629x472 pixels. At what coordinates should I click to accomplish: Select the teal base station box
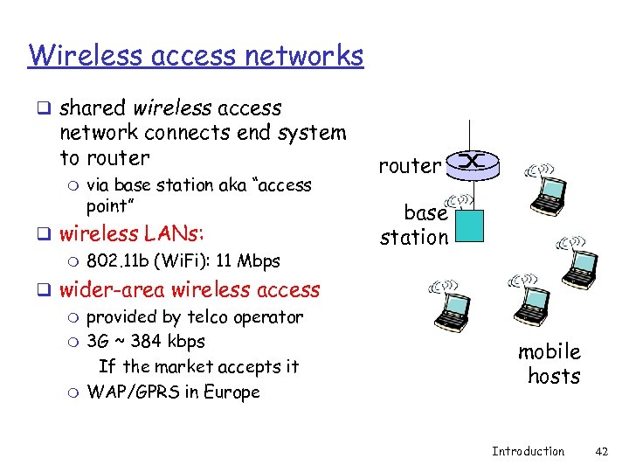469,226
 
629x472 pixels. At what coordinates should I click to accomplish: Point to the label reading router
411,166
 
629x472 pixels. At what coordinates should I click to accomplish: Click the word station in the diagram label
414,237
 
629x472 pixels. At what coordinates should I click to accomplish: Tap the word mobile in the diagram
550,351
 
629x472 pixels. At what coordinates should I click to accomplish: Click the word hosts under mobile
554,377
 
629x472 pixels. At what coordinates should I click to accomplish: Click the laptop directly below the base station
453,306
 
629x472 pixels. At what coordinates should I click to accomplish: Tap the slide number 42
601,451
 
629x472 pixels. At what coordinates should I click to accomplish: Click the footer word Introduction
528,451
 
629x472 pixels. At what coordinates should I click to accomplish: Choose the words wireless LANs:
132,234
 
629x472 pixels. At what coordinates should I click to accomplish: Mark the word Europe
231,392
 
